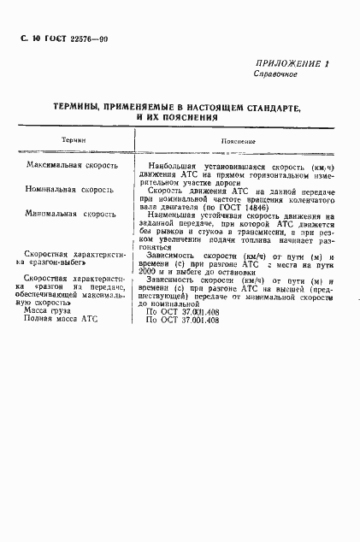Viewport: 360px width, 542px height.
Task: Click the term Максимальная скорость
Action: click(72, 163)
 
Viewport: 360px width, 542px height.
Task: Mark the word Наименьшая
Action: click(174, 215)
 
